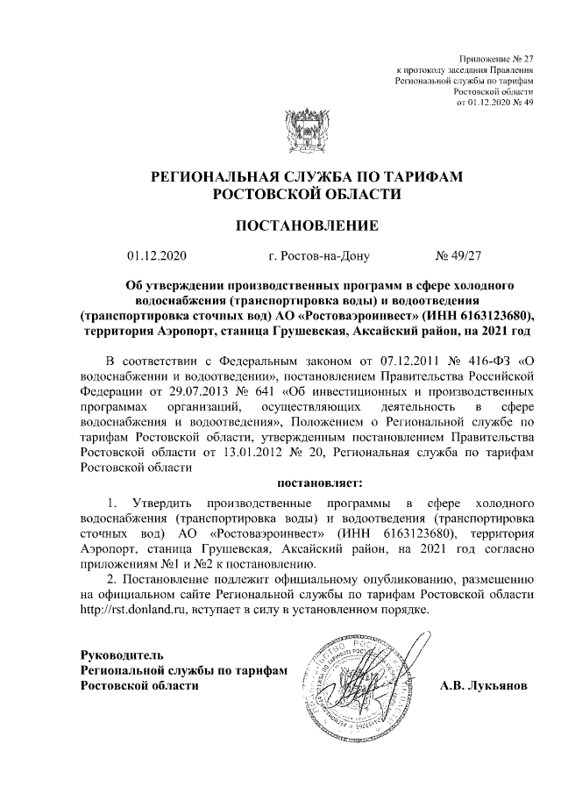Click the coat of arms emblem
280,130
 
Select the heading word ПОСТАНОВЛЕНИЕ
280,225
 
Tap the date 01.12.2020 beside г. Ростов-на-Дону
157,256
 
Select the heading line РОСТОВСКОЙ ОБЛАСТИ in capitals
280,192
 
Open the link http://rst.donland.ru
131,611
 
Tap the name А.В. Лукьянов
484,684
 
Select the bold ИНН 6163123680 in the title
474,314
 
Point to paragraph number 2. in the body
110,581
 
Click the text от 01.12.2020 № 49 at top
495,102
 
